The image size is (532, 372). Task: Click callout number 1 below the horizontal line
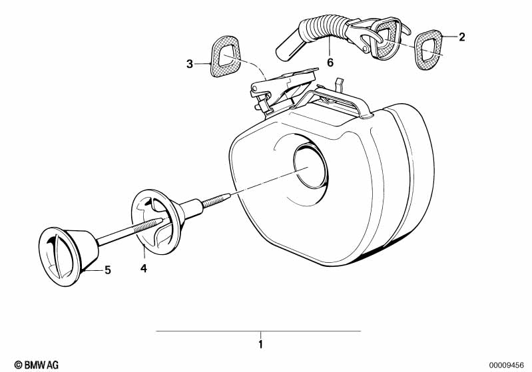click(x=260, y=345)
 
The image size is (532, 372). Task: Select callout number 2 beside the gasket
click(x=461, y=37)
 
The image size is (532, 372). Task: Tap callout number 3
click(x=190, y=64)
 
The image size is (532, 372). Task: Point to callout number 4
click(x=144, y=268)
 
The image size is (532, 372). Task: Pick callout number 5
click(x=108, y=270)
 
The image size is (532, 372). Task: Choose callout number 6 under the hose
click(x=330, y=63)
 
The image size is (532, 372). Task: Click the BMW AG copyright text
click(x=37, y=365)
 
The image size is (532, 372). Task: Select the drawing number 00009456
click(x=507, y=365)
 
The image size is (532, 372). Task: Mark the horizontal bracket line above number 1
click(x=258, y=331)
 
